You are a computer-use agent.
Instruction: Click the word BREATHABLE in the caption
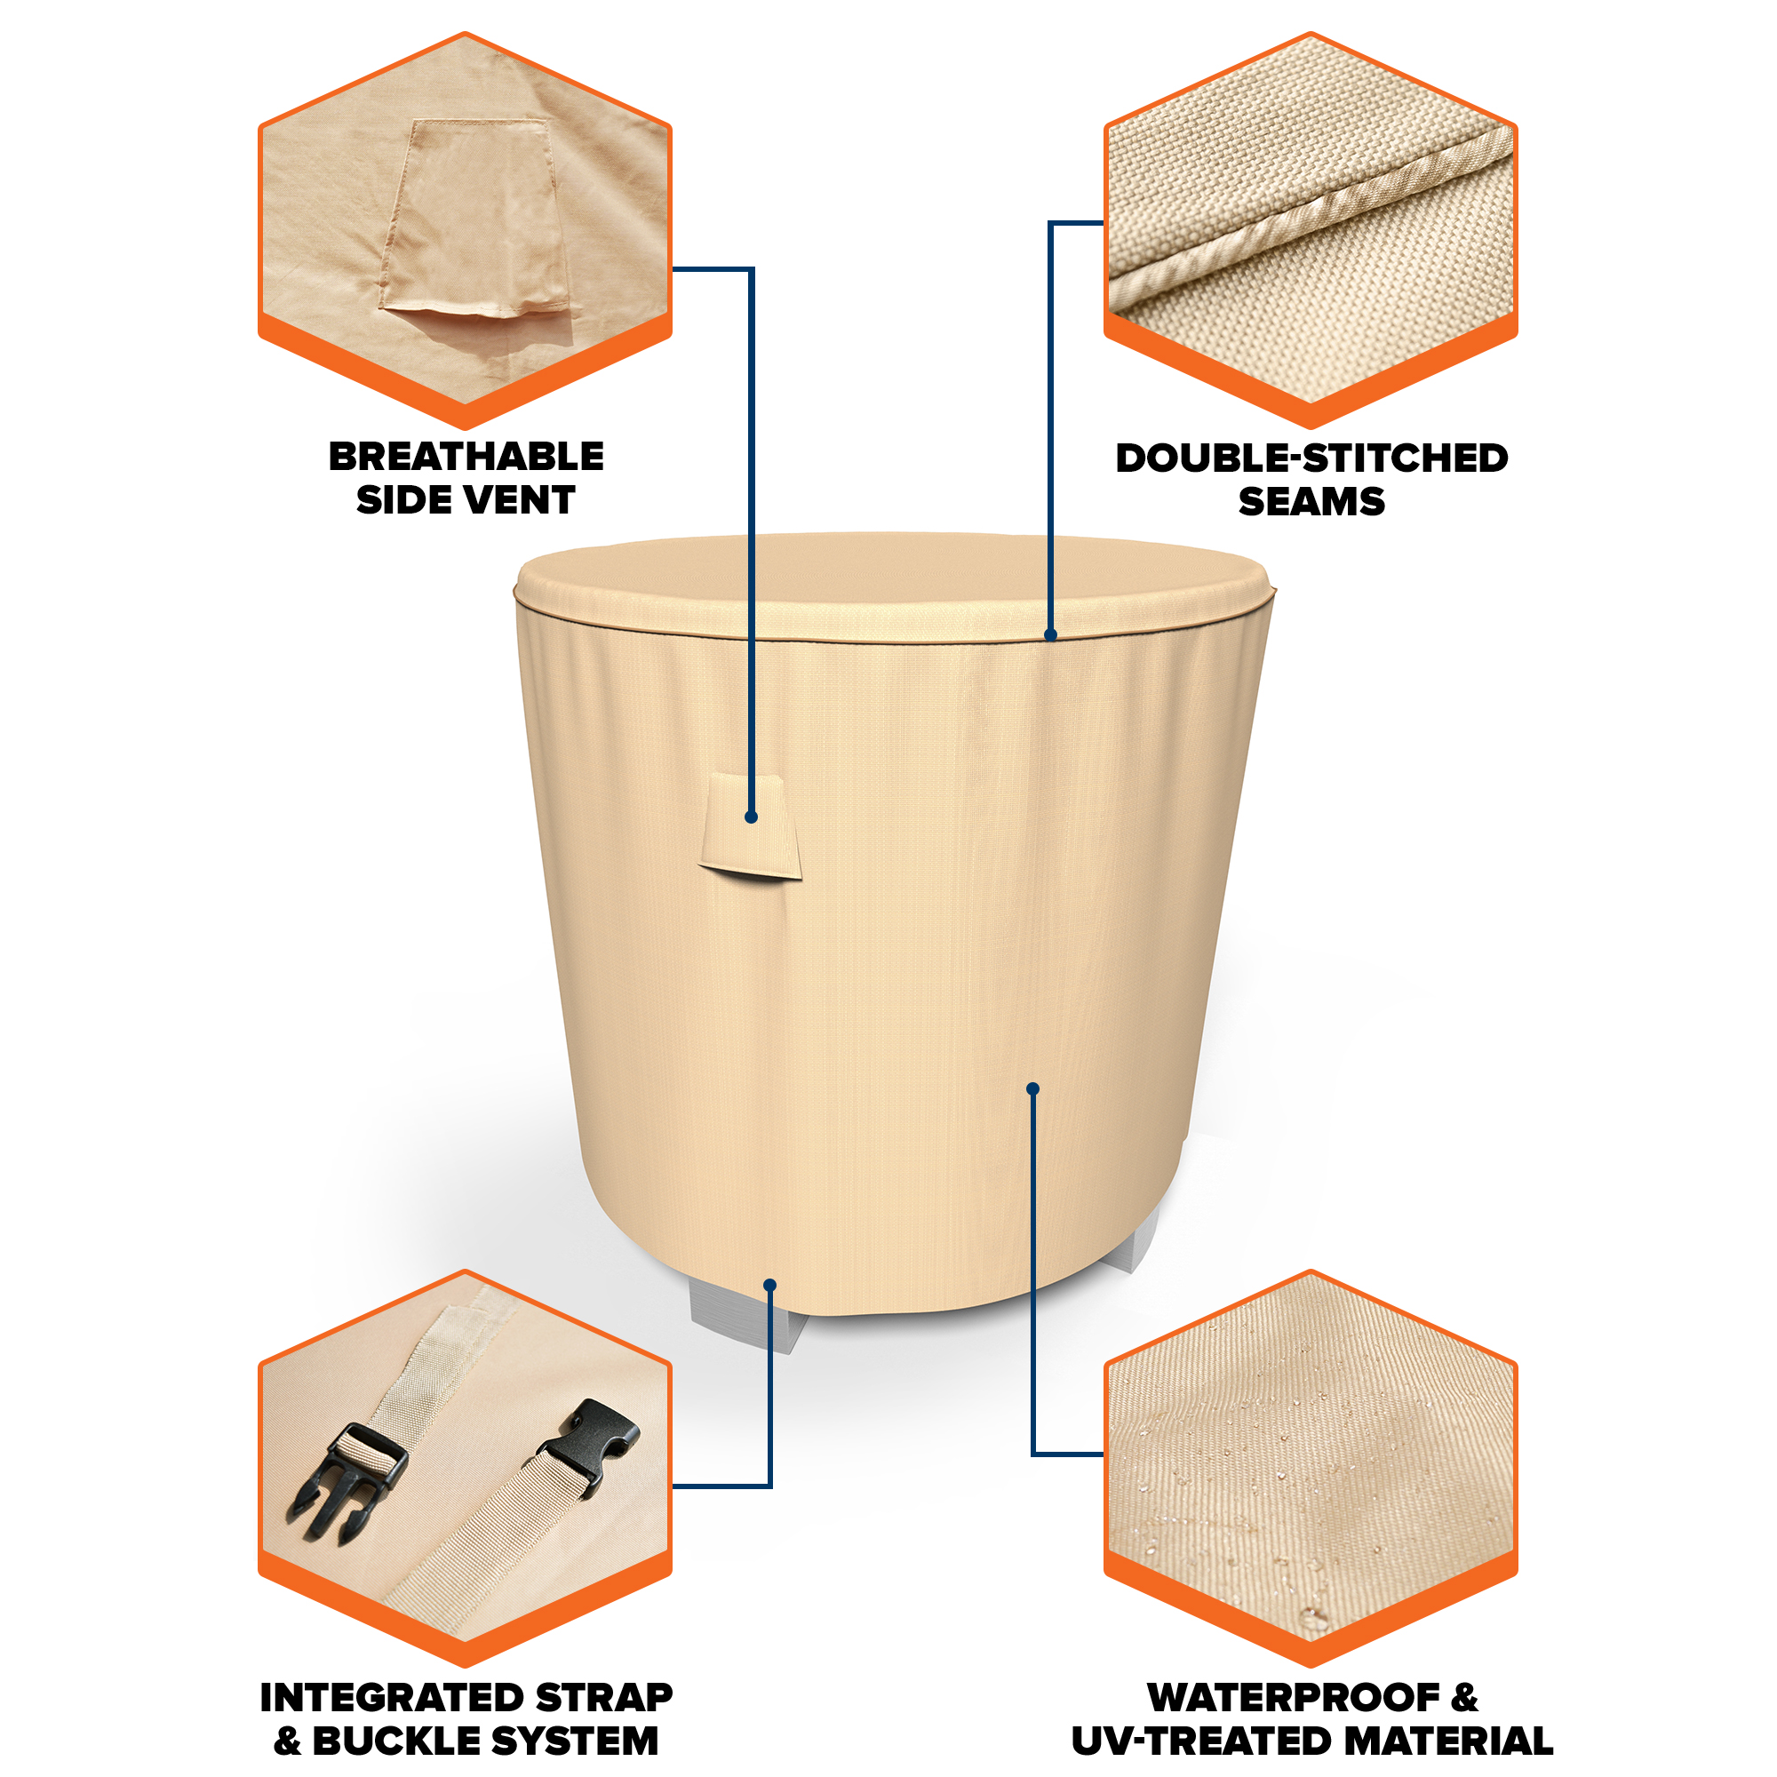(x=466, y=456)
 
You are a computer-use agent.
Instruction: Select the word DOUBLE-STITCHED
(x=1311, y=458)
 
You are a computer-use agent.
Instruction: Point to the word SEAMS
(x=1311, y=501)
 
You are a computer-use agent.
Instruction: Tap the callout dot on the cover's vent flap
(x=752, y=817)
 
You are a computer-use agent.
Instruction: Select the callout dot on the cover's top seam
(x=1051, y=634)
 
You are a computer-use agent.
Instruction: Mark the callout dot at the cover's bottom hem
(x=769, y=1285)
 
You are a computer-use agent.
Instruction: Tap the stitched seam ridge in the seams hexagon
(x=1310, y=218)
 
